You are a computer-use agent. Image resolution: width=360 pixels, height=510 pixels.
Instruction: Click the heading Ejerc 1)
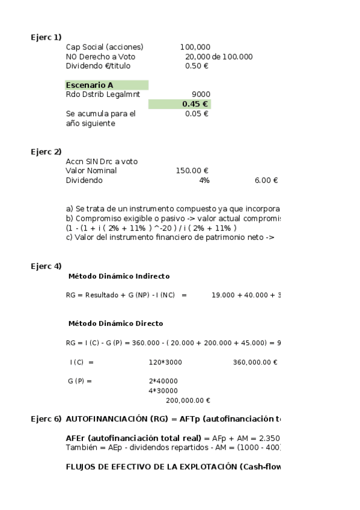[46, 37]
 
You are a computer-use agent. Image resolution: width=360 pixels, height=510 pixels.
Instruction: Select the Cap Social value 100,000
[195, 47]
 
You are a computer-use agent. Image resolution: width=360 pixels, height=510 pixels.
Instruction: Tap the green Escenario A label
[90, 85]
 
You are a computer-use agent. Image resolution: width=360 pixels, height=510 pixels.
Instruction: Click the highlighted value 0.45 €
[195, 104]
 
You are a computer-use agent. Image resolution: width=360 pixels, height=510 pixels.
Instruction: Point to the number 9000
[201, 94]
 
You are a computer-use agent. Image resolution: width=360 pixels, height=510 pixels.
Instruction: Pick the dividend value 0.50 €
[197, 66]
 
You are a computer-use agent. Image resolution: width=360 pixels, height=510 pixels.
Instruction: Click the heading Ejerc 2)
[46, 152]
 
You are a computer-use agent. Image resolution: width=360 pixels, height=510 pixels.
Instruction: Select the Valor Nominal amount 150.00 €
[192, 171]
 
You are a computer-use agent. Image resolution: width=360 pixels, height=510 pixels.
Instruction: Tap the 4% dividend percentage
[204, 180]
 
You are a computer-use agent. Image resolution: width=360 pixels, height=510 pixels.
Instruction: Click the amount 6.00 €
[266, 180]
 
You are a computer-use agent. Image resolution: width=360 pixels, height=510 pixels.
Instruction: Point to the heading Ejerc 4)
[46, 266]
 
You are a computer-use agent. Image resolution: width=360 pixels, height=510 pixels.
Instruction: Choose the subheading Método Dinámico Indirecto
[119, 277]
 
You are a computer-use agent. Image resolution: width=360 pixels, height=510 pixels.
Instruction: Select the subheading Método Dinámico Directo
[115, 324]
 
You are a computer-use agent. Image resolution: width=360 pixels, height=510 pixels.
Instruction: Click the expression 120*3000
[165, 362]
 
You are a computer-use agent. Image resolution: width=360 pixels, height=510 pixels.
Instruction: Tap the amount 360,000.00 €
[254, 362]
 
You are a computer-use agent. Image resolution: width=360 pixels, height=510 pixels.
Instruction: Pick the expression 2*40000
[163, 381]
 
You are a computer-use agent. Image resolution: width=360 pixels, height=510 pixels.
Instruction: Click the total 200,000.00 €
[188, 401]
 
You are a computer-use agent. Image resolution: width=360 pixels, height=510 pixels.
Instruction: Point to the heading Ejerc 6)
[46, 419]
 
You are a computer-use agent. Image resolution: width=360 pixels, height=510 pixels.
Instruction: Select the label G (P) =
[79, 381]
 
